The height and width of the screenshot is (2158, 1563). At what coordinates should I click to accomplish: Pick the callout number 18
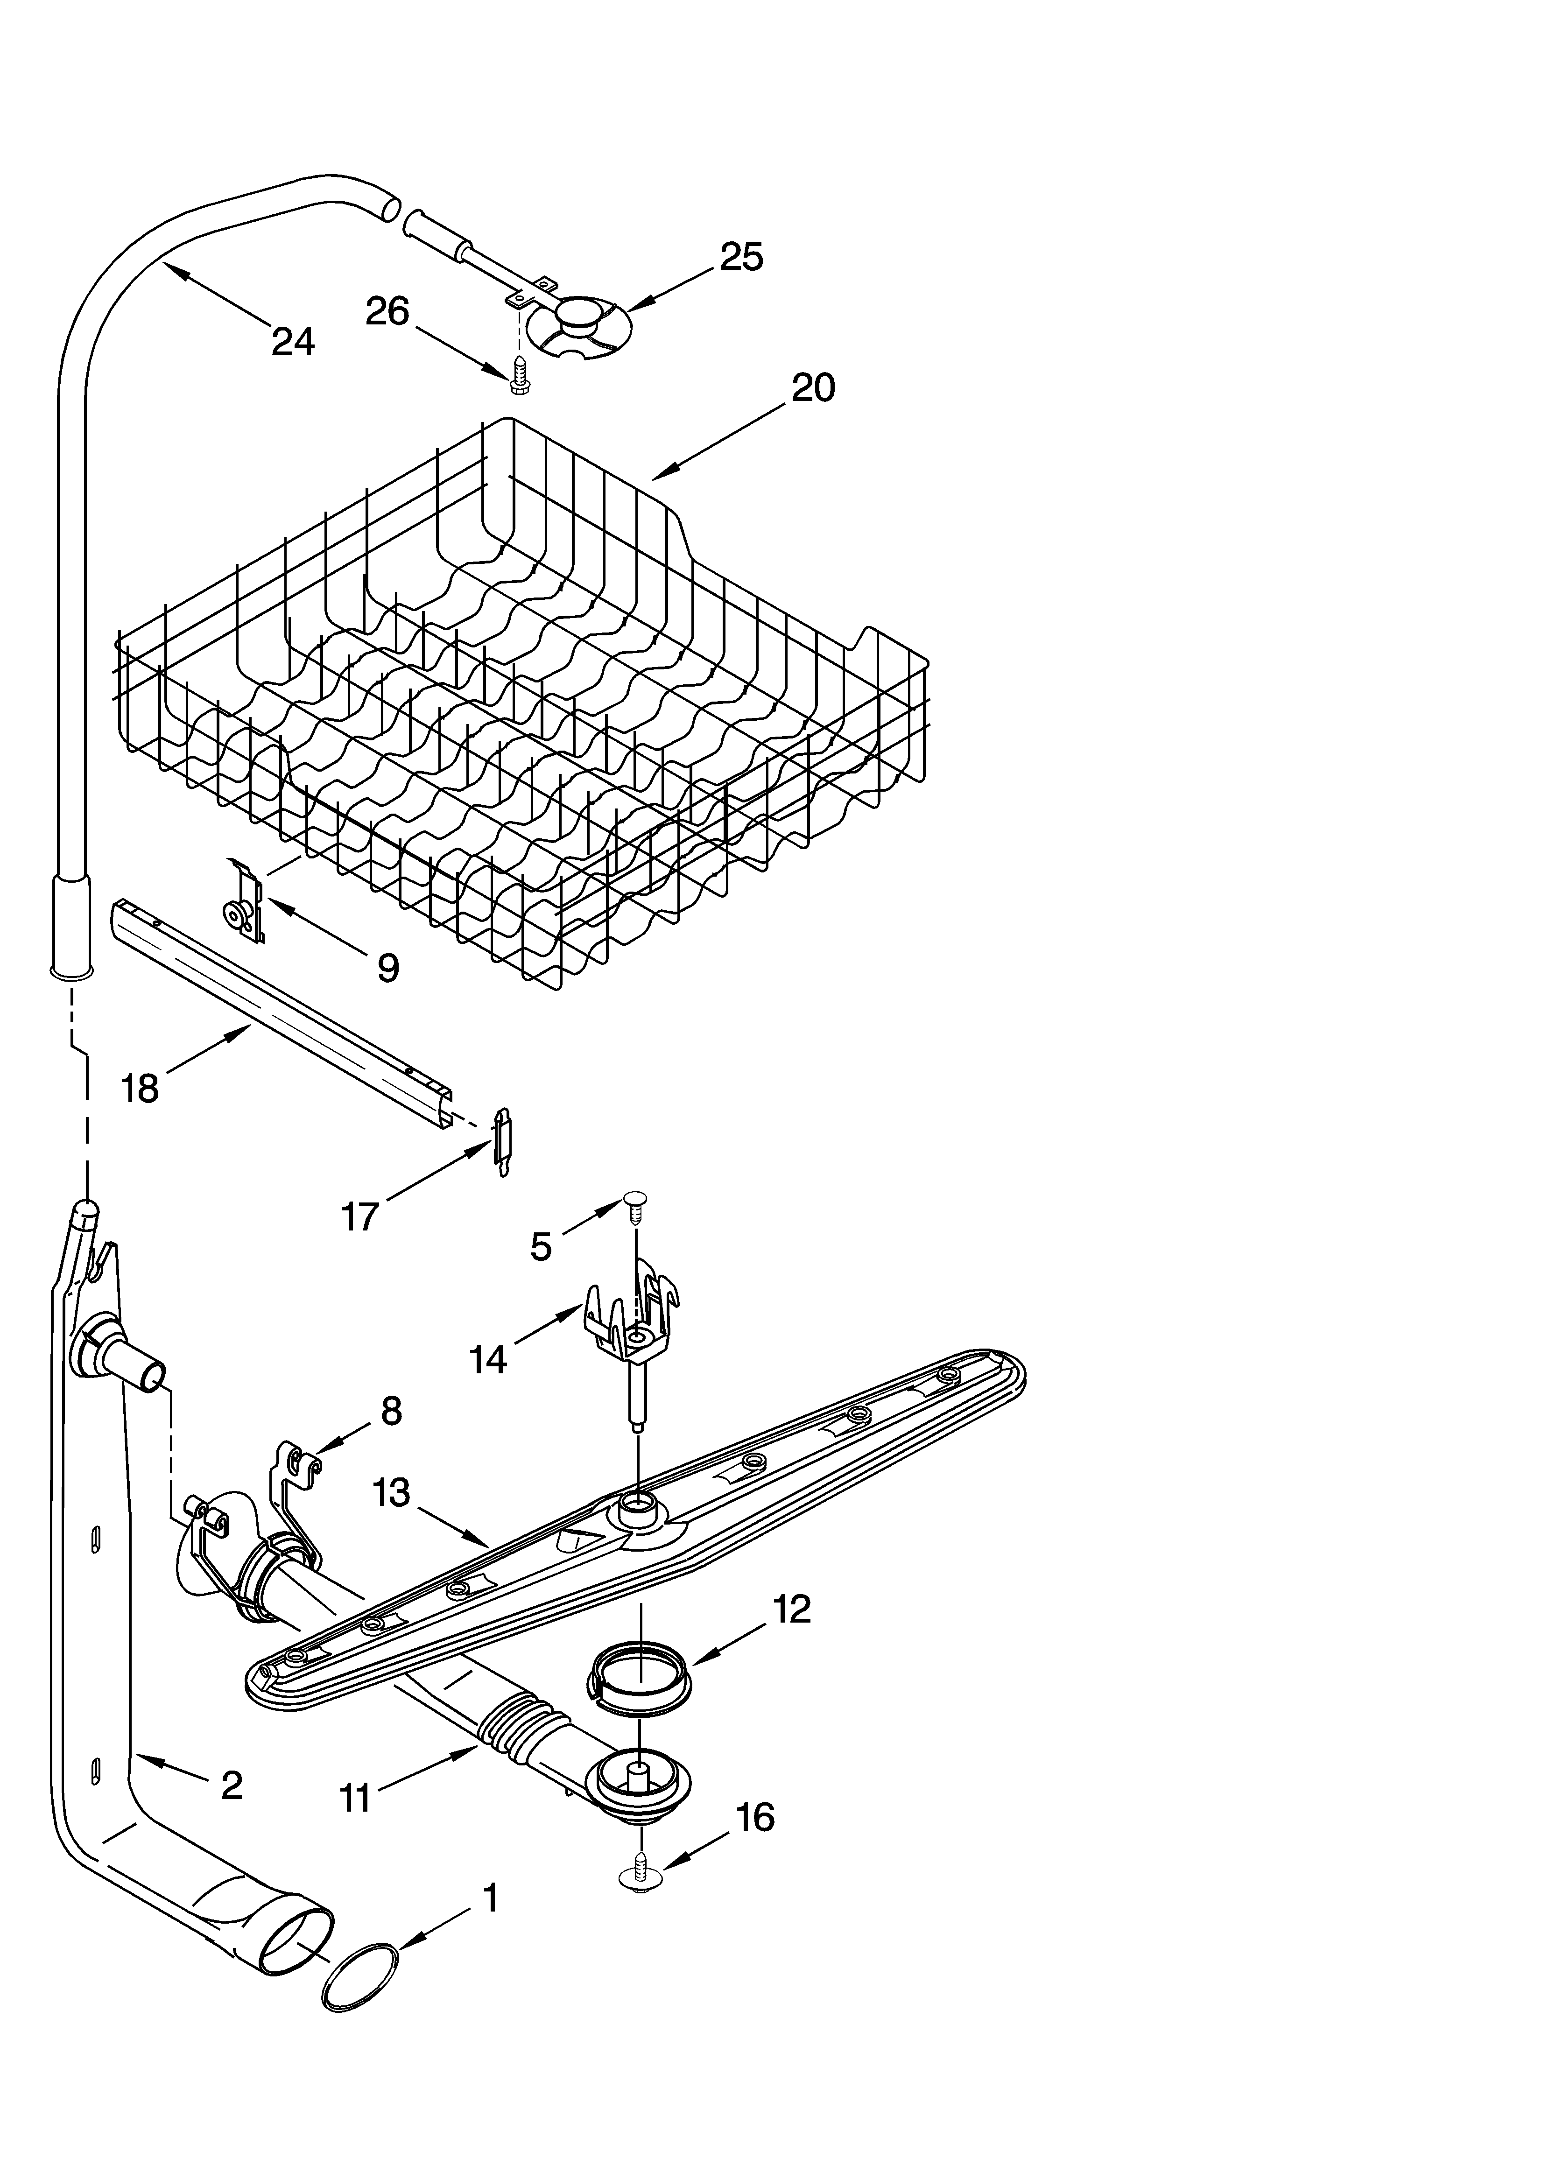click(140, 1088)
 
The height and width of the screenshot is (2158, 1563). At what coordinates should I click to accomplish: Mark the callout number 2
click(231, 1785)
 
